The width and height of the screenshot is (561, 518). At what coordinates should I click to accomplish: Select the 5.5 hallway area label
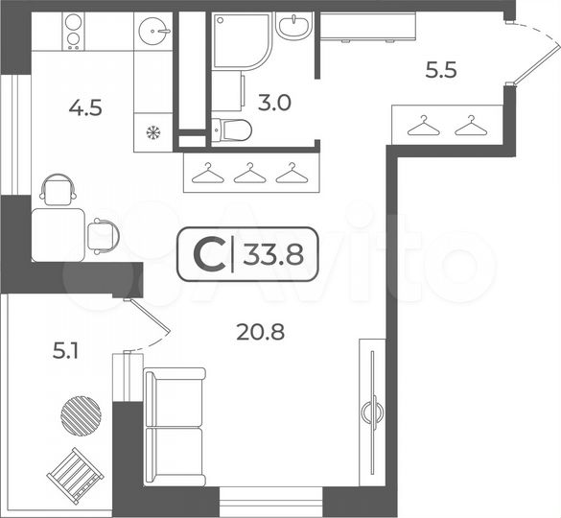[x=442, y=69]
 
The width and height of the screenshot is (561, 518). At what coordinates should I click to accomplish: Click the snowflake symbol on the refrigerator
[x=152, y=131]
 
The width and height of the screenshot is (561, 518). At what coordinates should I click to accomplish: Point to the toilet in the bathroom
[x=231, y=129]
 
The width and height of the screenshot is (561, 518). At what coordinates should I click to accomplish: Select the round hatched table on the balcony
[x=81, y=413]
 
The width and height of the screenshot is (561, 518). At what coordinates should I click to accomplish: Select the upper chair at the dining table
[x=59, y=188]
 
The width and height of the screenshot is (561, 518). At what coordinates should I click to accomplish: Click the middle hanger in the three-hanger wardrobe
[x=249, y=173]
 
